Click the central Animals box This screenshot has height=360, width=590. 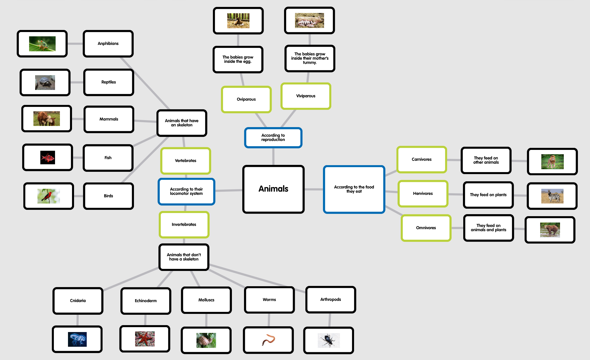tap(273, 189)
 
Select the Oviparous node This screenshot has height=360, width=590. tap(246, 99)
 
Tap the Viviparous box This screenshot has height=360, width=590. tap(306, 96)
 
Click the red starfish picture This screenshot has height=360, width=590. tap(145, 339)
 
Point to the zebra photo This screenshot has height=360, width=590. tap(552, 196)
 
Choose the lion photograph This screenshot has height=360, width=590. tap(552, 161)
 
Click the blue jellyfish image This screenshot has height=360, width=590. tap(77, 339)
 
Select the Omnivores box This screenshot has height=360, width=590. tap(426, 228)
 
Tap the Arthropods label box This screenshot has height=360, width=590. tap(330, 299)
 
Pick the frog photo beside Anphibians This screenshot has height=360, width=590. tap(42, 44)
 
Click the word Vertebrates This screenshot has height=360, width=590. tap(186, 161)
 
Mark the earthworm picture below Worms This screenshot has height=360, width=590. tap(268, 340)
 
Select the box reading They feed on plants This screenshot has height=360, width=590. tap(488, 195)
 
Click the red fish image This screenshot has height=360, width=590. tap(48, 158)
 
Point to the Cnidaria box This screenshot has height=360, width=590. tap(78, 301)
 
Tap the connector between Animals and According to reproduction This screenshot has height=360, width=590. tap(273, 157)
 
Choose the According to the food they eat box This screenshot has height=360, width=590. tap(354, 189)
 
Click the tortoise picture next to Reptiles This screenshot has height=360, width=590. tap(45, 83)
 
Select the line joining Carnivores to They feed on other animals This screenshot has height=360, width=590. tap(454, 160)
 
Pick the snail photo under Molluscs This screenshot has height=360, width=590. tap(206, 340)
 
